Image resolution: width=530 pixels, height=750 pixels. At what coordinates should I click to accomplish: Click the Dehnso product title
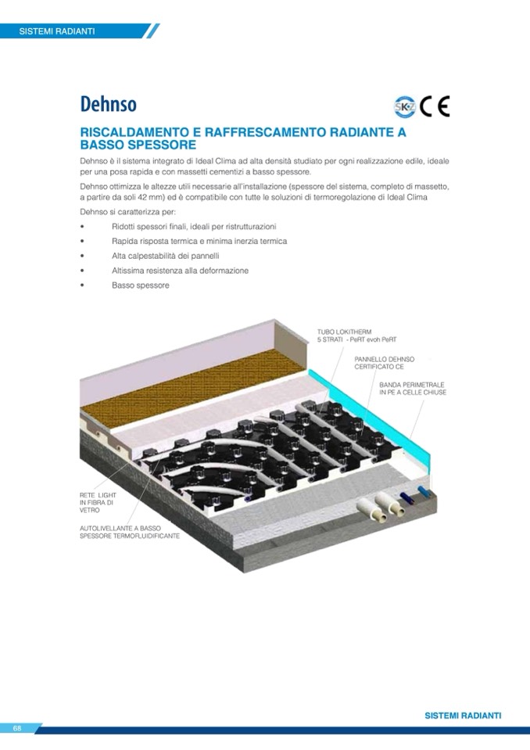point(109,104)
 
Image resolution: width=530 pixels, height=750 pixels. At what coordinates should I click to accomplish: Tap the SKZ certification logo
point(405,106)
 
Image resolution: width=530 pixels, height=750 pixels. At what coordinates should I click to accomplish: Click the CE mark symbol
point(435,106)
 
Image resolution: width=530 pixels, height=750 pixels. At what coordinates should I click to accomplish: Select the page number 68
point(17,728)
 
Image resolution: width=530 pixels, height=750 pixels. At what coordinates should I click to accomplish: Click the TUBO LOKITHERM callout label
point(357,336)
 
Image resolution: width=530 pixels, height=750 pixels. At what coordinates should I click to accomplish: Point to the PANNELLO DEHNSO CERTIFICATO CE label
point(385,363)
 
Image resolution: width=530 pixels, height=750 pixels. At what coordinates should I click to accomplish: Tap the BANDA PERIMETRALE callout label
point(413,389)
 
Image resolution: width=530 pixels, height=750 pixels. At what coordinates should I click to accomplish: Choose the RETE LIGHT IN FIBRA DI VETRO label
point(98,503)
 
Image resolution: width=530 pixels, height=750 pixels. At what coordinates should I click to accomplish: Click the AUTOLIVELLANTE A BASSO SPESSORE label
point(130,532)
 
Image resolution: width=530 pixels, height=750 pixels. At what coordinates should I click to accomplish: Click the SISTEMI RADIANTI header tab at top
point(57,31)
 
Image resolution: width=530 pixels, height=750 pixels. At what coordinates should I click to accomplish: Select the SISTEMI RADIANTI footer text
point(463,716)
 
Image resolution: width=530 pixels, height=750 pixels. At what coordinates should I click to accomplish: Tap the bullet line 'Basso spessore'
point(141,285)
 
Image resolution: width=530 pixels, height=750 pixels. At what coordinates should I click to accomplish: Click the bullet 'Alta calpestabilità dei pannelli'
point(166,256)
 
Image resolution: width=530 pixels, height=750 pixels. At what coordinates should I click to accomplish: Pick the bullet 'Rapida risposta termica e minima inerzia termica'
point(199,241)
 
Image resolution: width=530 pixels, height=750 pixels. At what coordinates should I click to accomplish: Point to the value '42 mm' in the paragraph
point(145,198)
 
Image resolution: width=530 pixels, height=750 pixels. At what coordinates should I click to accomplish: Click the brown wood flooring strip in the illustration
point(194,387)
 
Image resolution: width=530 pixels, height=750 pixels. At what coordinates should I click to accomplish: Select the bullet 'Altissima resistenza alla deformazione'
point(180,271)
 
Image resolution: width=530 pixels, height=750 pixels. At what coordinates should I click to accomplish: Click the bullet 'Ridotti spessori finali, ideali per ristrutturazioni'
point(194,227)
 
